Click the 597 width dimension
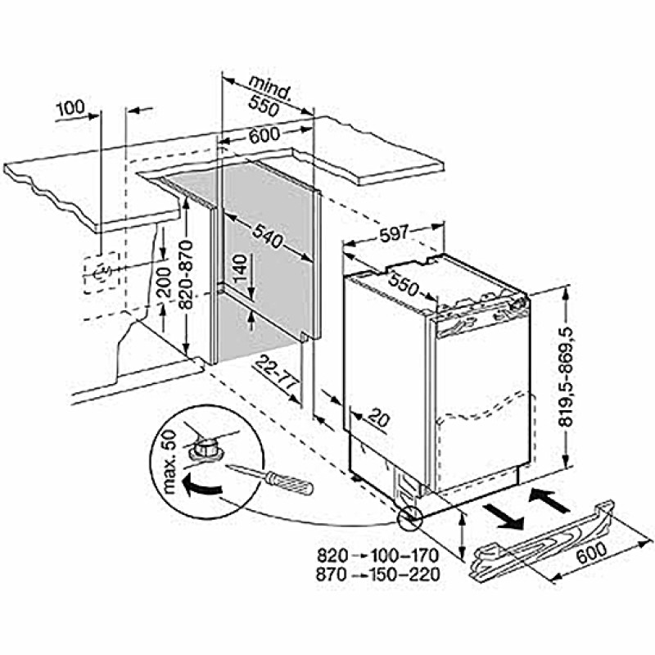395,234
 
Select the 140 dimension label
240,269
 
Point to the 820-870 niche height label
186,274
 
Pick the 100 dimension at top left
70,109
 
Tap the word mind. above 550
270,89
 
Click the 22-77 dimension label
276,371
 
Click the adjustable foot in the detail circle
204,448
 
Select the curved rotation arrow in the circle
201,486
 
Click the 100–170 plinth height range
404,556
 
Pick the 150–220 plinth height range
404,575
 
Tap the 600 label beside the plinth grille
591,552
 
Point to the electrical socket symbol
101,273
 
